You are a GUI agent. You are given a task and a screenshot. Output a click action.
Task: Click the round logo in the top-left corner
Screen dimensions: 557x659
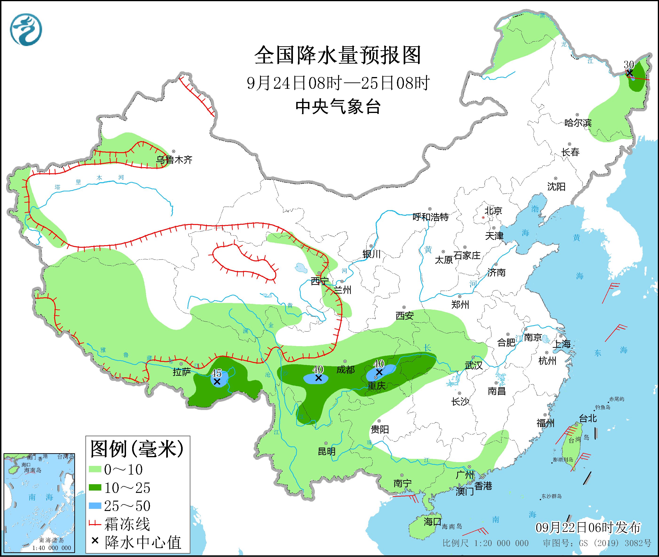[26, 30]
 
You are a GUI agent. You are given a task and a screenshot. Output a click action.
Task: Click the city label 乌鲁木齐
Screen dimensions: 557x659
[174, 160]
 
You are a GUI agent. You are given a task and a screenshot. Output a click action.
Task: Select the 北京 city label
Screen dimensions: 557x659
[493, 210]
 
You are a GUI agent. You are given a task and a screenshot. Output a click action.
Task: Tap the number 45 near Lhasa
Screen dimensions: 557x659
[216, 373]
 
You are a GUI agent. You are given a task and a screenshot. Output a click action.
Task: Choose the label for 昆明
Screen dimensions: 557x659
[327, 452]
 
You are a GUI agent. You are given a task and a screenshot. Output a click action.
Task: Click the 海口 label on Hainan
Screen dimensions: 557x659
[432, 521]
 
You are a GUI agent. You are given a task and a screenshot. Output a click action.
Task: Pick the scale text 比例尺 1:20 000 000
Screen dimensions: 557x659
[485, 543]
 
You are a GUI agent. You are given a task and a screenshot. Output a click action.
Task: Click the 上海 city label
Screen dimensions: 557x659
[561, 344]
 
